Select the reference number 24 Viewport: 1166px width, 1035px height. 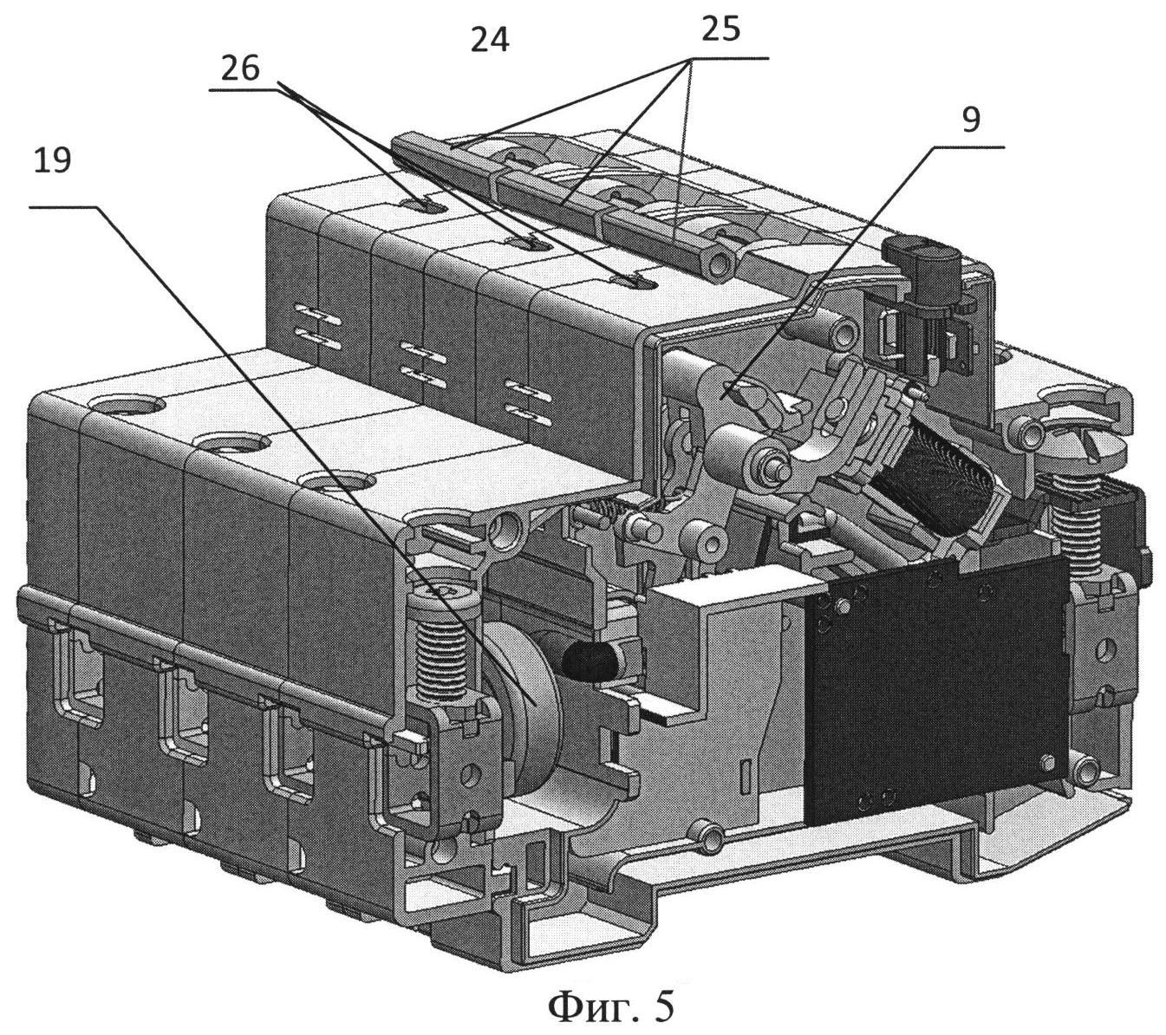coord(490,41)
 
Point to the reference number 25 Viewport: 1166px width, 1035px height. coord(721,31)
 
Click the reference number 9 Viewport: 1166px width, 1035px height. coord(971,120)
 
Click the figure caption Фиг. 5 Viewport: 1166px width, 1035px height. coord(610,1005)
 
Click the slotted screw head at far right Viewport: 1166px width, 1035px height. coord(1088,447)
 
